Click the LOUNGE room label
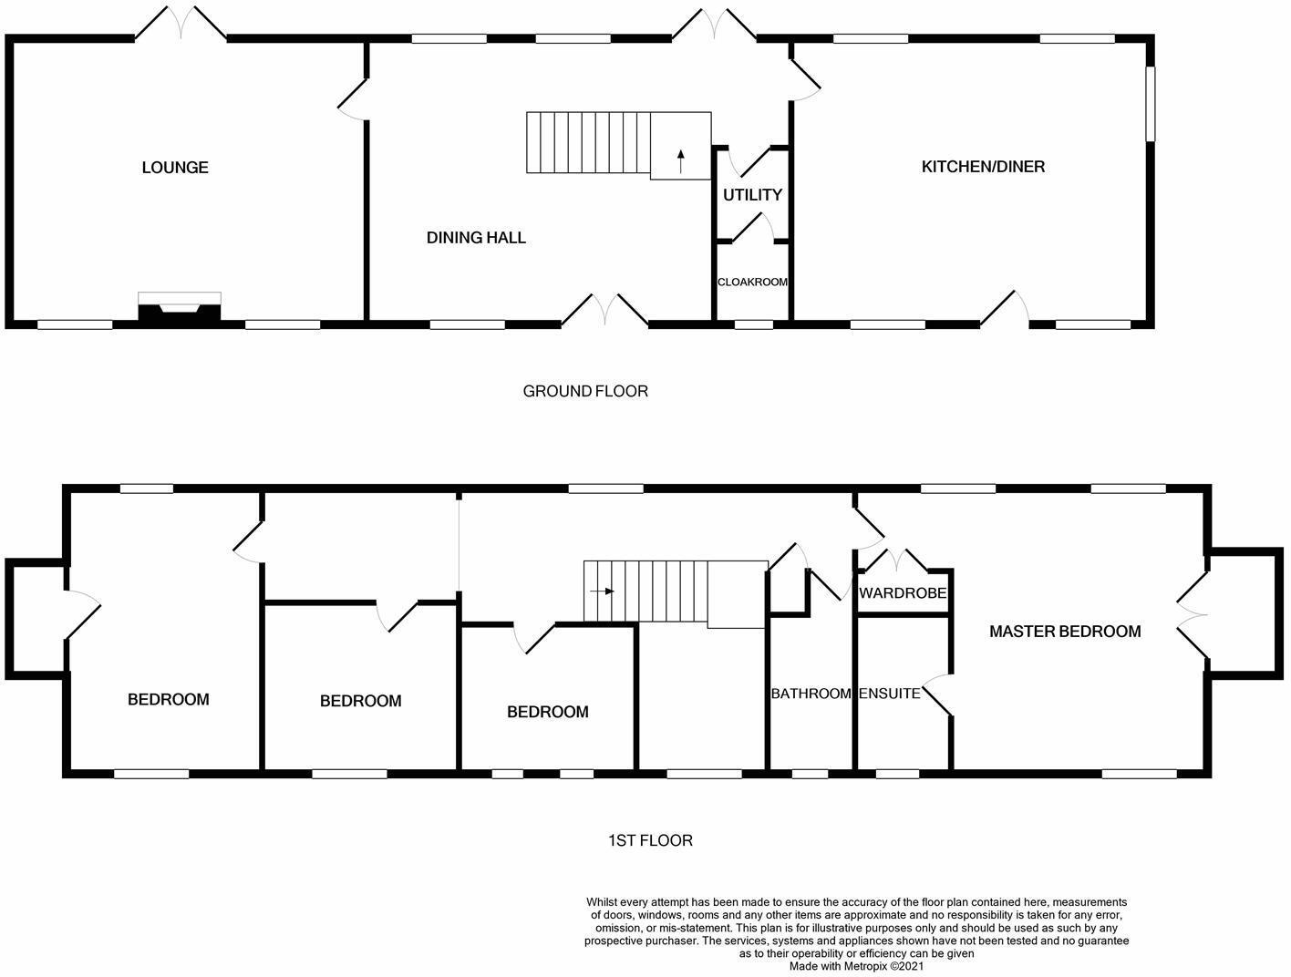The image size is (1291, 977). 175,168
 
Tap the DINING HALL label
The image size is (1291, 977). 476,238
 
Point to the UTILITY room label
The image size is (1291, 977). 752,195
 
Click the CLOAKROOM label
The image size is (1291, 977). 752,283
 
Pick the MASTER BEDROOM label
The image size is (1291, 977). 1065,632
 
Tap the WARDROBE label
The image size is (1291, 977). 903,593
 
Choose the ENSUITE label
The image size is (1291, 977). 889,694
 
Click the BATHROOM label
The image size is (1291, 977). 811,694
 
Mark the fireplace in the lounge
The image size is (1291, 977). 180,309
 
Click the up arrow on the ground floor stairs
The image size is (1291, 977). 680,160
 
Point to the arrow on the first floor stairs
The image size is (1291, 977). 602,591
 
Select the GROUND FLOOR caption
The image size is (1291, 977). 585,392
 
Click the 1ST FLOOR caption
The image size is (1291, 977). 650,840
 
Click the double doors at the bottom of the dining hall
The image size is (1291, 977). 604,309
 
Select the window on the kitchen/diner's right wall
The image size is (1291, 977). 1151,103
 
